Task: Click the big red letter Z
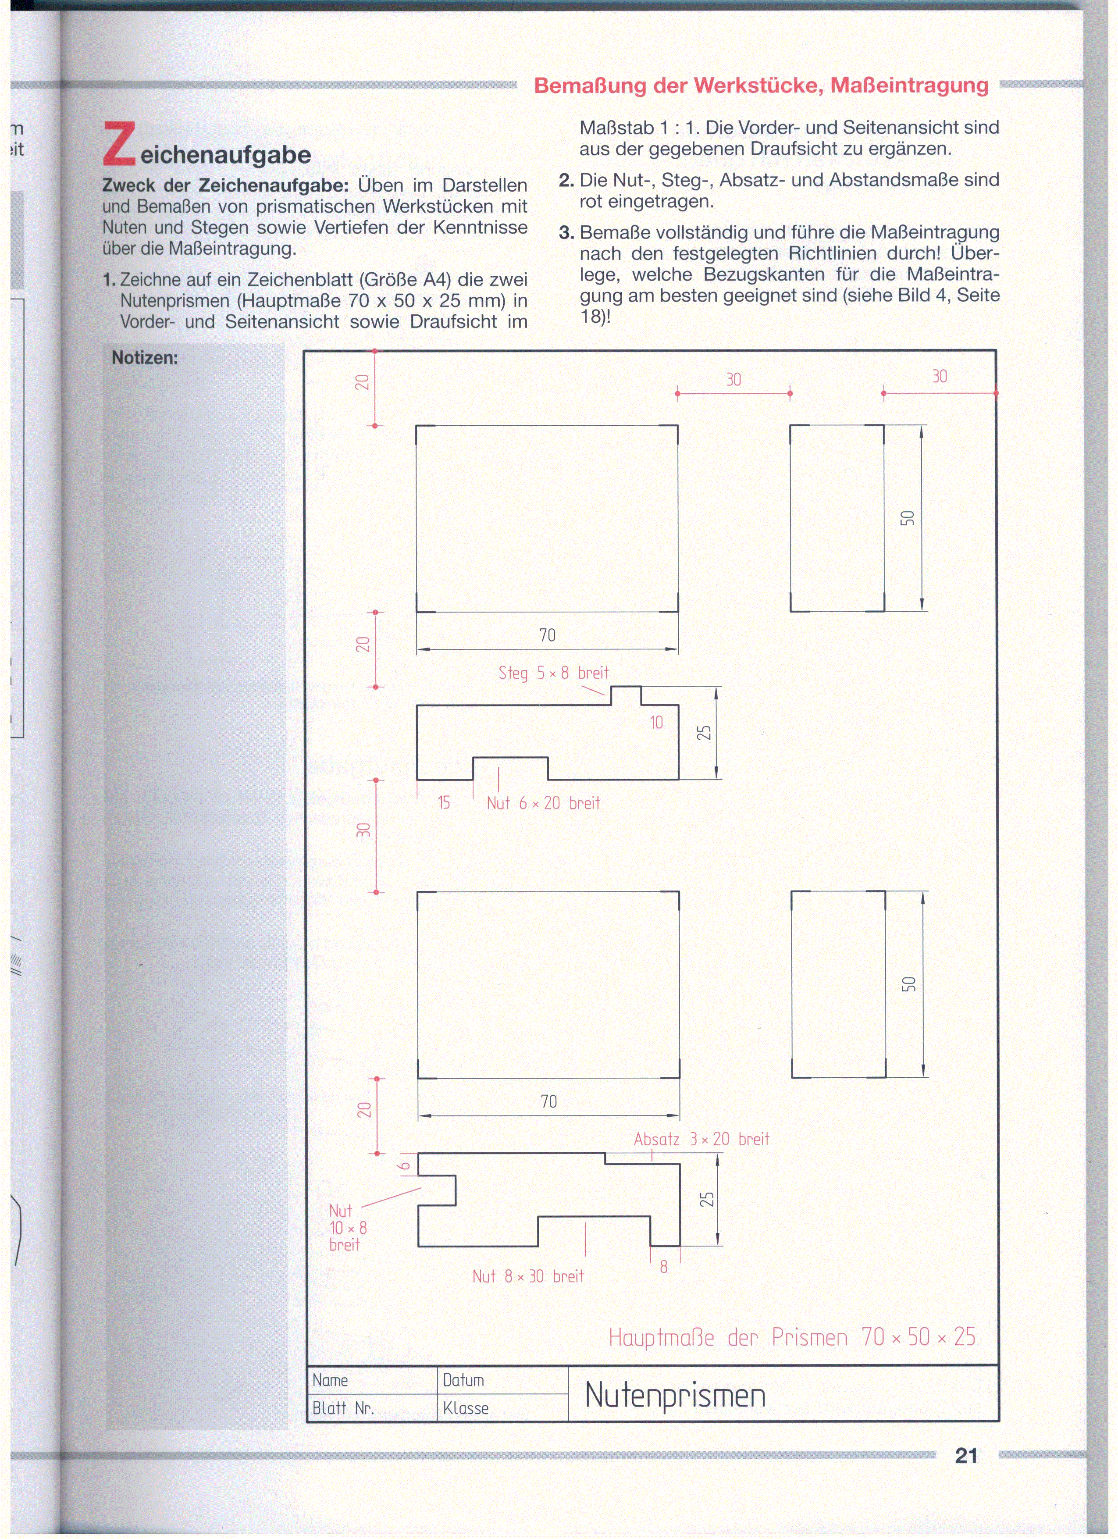pos(119,144)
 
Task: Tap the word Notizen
pos(145,358)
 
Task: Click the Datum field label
pos(463,1380)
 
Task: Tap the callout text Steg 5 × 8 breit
pos(554,673)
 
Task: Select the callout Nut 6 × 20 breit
pos(543,803)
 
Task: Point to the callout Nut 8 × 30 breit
pos(528,1276)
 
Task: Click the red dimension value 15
pos(444,803)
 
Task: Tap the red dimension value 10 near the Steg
pos(656,723)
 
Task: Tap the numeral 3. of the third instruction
pos(566,233)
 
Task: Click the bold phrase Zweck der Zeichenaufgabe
pos(225,185)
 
